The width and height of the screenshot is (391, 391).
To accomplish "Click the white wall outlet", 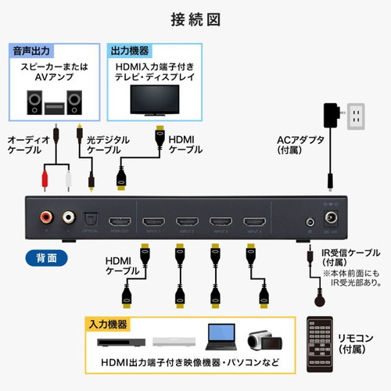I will pos(355,117).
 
